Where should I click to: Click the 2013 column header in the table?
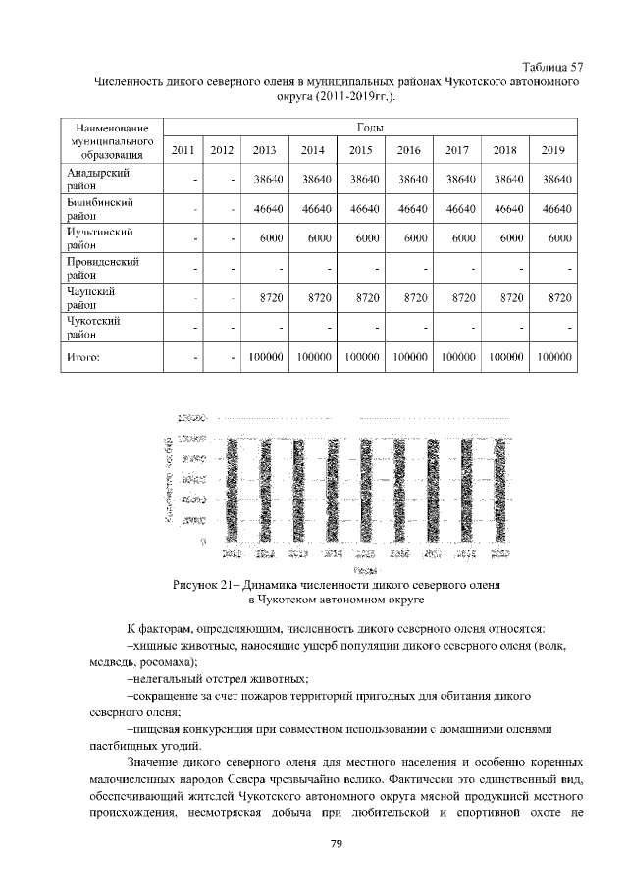pyautogui.click(x=264, y=150)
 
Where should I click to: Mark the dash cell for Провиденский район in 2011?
pyautogui.click(x=195, y=269)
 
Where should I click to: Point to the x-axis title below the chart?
pyautogui.click(x=363, y=567)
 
